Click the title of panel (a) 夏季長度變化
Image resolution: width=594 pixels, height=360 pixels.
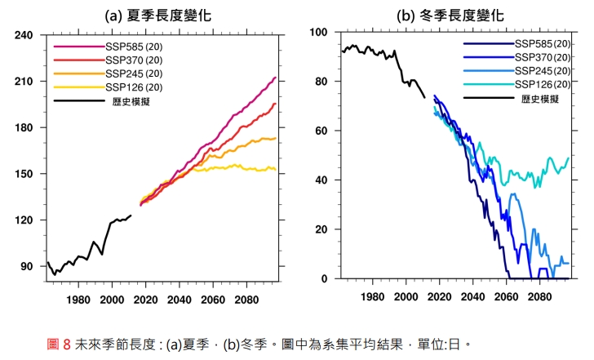tap(162, 16)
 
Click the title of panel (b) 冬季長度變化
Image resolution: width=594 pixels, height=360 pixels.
tap(450, 16)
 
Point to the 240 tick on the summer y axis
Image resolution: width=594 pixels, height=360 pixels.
tap(24, 35)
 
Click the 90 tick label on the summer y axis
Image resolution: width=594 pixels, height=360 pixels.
tap(27, 266)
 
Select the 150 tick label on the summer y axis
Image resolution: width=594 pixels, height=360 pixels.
tap(24, 174)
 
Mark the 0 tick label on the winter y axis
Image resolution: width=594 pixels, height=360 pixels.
tap(324, 278)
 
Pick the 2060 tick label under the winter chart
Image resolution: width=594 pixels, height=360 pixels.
tap(506, 298)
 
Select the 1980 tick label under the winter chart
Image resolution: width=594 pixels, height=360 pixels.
tap(371, 298)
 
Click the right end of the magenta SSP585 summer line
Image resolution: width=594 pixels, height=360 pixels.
tap(276, 78)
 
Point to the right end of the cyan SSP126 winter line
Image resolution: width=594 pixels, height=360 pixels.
tap(569, 158)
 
